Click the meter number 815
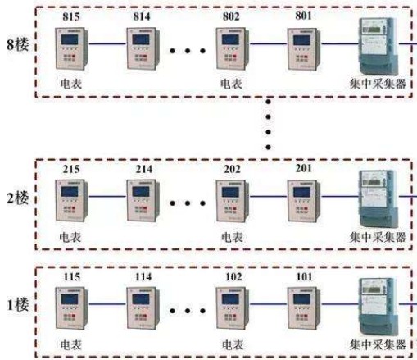pos(71,16)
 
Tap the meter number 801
pos(304,16)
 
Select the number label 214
pos(144,169)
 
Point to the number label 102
pos(233,277)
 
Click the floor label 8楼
pos(18,44)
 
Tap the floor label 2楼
pos(18,198)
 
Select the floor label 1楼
pos(18,305)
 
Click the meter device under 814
pos(143,48)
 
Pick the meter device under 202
pos(233,201)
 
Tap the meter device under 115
pos(72,308)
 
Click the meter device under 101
pos(304,308)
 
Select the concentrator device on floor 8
pos(378,46)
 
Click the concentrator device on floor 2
pos(378,198)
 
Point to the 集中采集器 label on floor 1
pos(378,344)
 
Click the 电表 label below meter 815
pos(71,84)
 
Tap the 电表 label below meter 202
pos(232,237)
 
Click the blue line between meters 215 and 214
pos(107,196)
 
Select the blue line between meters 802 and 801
pos(268,43)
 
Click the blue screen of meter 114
pos(141,299)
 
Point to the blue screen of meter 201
pos(301,193)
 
